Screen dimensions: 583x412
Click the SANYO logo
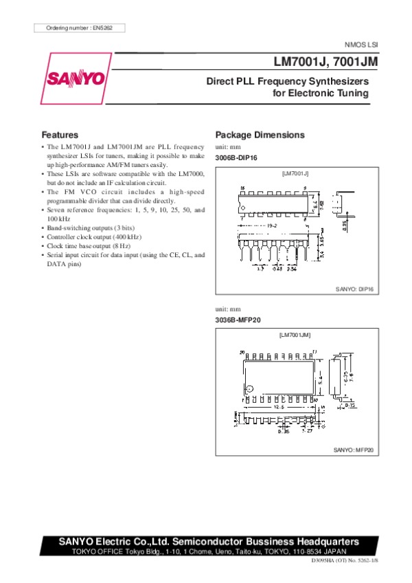(76, 79)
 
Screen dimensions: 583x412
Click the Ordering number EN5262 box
(80, 27)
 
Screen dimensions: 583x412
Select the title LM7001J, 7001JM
(326, 61)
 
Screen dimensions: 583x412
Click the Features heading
(60, 135)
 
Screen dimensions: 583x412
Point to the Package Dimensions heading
(260, 135)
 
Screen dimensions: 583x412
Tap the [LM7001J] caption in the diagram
(296, 173)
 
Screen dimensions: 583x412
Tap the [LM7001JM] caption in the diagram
(296, 335)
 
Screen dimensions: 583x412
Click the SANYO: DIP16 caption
(354, 291)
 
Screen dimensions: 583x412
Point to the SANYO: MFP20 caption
(353, 450)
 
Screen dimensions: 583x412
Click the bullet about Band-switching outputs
(89, 227)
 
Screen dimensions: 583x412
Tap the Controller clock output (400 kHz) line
(94, 236)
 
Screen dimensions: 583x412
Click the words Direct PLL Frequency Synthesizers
(288, 81)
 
